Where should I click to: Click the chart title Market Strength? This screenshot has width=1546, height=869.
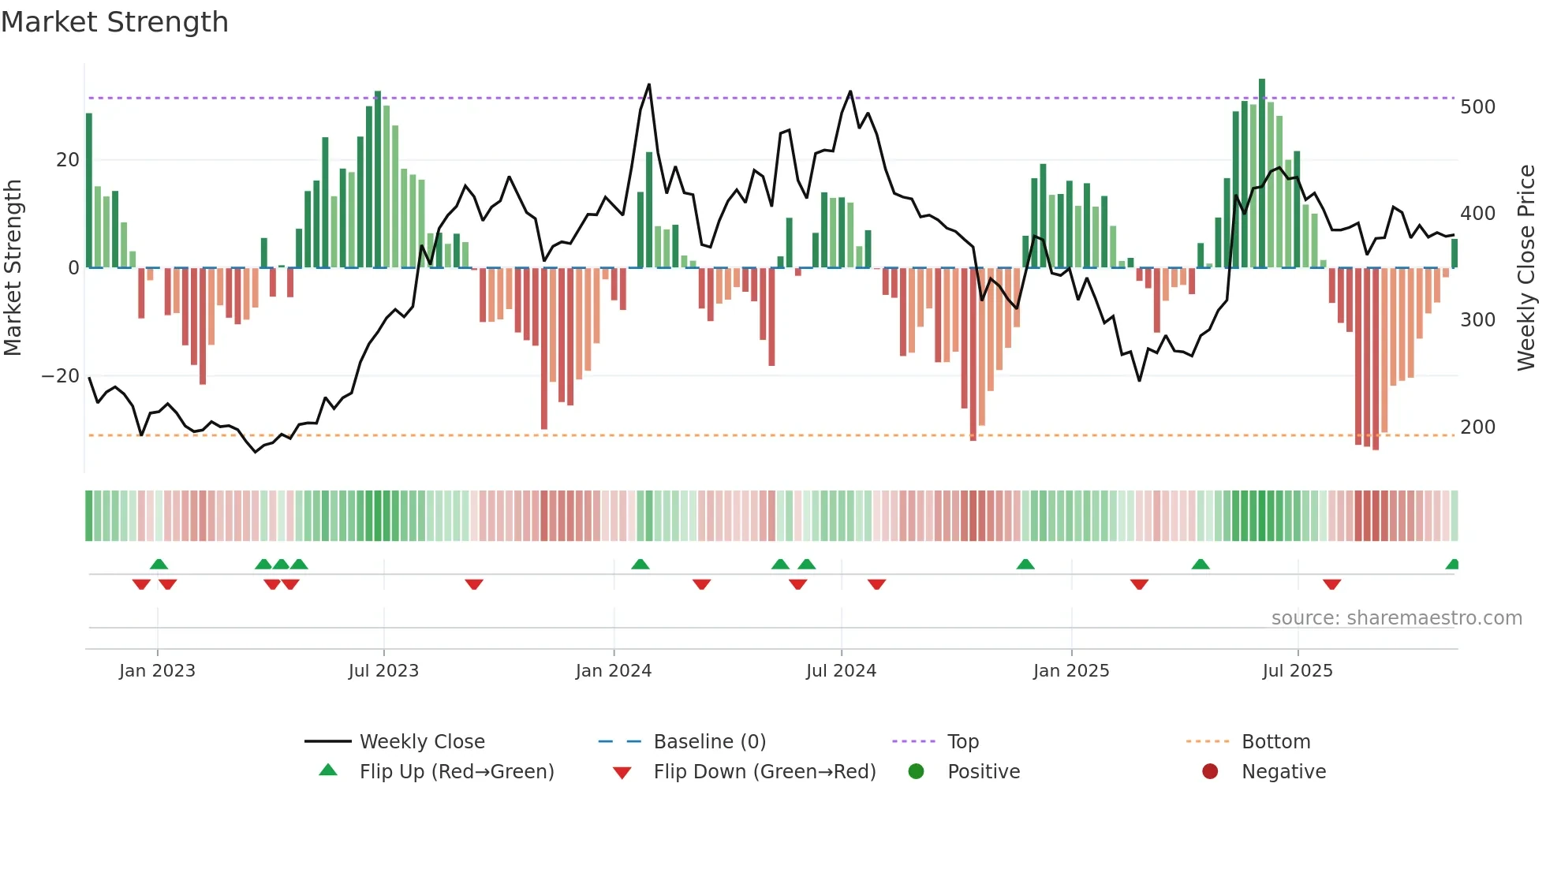[x=114, y=22]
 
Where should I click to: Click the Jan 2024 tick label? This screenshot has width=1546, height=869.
[x=613, y=670]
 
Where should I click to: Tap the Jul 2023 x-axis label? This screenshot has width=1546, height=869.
[x=383, y=670]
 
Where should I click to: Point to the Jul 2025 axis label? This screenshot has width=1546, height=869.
[x=1297, y=670]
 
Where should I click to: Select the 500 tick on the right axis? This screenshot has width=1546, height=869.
[x=1477, y=106]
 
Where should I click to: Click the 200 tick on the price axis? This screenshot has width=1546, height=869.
[x=1477, y=427]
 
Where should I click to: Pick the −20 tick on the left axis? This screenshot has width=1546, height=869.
[x=60, y=376]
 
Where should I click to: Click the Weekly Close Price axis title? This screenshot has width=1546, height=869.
[x=1526, y=267]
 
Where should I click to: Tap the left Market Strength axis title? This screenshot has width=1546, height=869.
[x=13, y=267]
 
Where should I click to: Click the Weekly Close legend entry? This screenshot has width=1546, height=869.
[x=421, y=741]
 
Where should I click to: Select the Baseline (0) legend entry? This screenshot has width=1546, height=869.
[x=709, y=741]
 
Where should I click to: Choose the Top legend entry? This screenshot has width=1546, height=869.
[x=962, y=741]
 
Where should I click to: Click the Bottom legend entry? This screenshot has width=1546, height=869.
[x=1275, y=741]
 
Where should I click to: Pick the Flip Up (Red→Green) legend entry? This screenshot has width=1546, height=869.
[x=456, y=771]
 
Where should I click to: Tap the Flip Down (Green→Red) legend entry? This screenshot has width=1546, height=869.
[x=764, y=771]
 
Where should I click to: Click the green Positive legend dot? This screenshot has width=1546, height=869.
[x=916, y=771]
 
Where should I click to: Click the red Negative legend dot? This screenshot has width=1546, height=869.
[x=1210, y=771]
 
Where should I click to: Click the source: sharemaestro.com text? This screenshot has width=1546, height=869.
[x=1396, y=617]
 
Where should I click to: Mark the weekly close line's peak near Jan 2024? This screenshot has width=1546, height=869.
[x=649, y=84]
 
